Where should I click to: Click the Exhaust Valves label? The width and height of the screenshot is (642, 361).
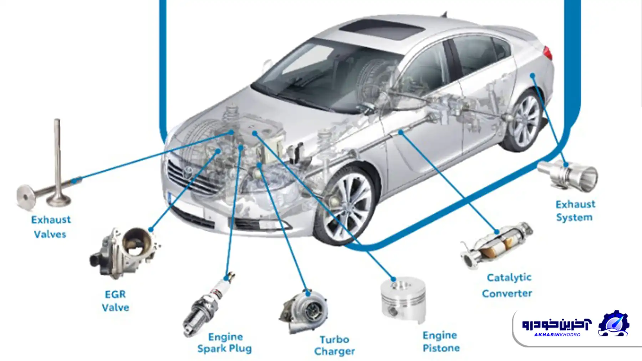[x=51, y=227]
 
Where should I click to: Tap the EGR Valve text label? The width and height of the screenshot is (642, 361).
[x=115, y=301]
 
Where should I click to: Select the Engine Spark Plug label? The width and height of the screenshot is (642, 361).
[x=225, y=342]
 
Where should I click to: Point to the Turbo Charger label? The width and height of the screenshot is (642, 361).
[x=334, y=345]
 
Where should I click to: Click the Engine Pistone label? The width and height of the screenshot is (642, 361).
[x=441, y=341]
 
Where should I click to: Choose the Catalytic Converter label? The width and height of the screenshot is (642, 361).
[x=507, y=285]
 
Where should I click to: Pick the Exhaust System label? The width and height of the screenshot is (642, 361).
[x=575, y=211]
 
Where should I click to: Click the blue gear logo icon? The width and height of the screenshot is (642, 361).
[x=613, y=324]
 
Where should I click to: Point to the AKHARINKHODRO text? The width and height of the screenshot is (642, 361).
[x=557, y=335]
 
